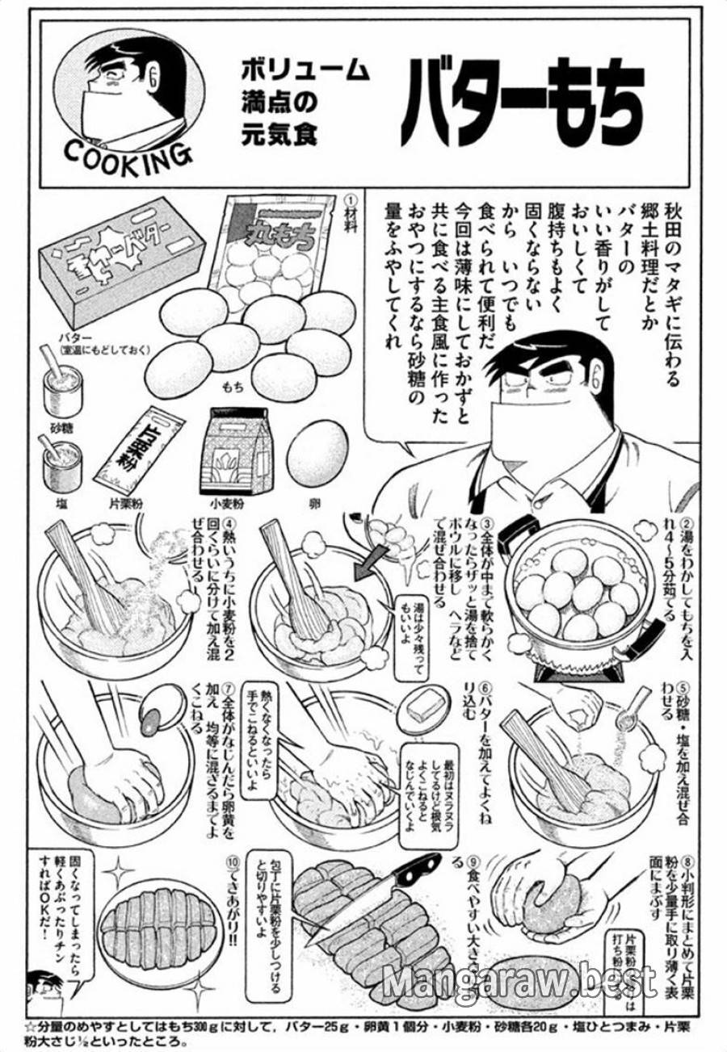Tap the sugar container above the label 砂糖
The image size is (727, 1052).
click(61, 388)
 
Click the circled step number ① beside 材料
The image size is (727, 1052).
click(350, 199)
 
